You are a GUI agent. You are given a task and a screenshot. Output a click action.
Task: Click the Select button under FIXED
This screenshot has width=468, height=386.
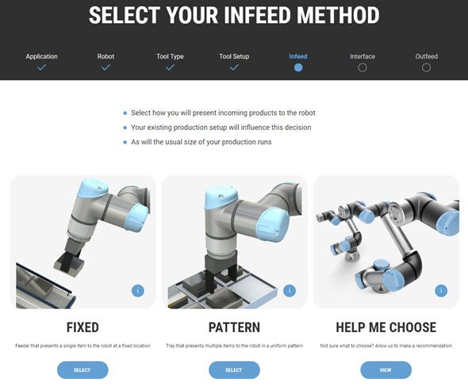(x=82, y=370)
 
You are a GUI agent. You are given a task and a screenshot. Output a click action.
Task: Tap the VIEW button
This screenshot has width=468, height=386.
(x=386, y=370)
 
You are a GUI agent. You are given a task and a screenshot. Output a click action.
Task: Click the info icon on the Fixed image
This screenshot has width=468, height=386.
(x=137, y=291)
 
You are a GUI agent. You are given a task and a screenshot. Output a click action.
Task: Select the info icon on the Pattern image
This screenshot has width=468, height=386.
(x=290, y=291)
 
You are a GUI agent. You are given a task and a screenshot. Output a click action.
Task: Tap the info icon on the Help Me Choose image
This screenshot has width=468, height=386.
(x=441, y=291)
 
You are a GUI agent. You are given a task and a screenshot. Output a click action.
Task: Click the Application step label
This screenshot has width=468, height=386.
(x=41, y=56)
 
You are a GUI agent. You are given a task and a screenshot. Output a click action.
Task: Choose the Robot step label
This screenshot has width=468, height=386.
(x=105, y=56)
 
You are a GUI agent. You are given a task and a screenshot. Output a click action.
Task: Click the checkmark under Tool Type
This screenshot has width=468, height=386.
(x=170, y=67)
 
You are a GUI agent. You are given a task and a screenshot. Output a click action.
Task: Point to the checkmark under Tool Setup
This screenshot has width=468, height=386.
(x=234, y=67)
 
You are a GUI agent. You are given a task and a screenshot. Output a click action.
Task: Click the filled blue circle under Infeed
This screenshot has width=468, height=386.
(x=298, y=67)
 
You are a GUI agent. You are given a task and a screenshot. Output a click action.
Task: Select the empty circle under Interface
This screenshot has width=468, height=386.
(x=363, y=67)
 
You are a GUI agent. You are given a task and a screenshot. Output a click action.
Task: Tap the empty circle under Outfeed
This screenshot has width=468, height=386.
(x=426, y=67)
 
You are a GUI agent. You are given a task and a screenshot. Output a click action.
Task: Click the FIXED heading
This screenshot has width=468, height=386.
(x=82, y=327)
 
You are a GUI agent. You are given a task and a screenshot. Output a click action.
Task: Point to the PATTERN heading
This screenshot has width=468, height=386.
(x=234, y=327)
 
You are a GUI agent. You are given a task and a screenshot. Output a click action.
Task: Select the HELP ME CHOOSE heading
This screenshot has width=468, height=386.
(x=386, y=327)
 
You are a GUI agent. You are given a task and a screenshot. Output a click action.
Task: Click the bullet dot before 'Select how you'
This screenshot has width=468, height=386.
(x=125, y=113)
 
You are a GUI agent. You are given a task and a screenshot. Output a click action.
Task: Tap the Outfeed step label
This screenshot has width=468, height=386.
(x=426, y=56)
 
